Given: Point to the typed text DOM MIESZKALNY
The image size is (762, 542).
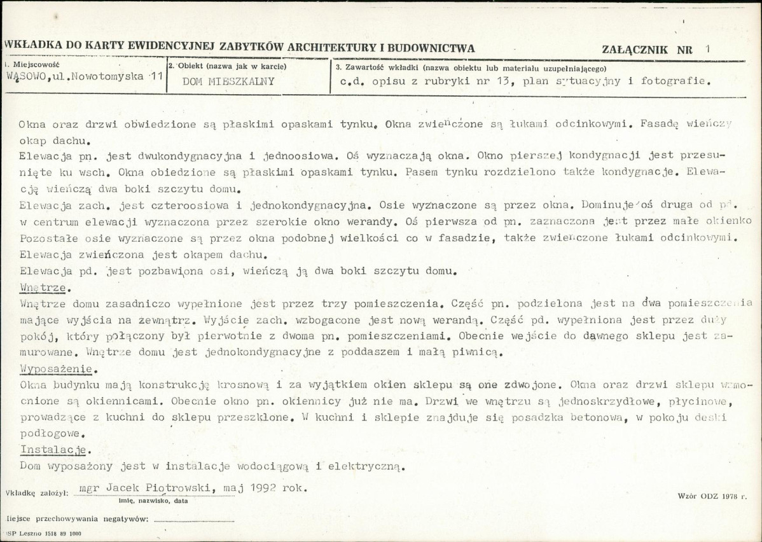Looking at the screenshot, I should (228, 81).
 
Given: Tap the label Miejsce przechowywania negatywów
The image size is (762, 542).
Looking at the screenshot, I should (76, 518).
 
